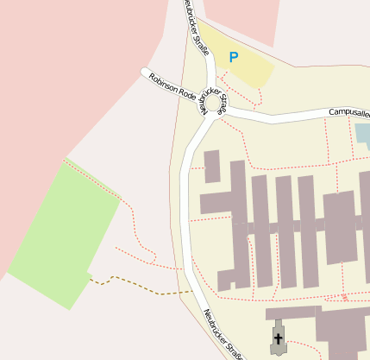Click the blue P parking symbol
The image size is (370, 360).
233,58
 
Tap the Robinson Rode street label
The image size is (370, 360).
172,87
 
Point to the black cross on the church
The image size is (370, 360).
278,338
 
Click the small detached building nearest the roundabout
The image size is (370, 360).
211,166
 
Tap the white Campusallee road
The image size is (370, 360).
285,117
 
